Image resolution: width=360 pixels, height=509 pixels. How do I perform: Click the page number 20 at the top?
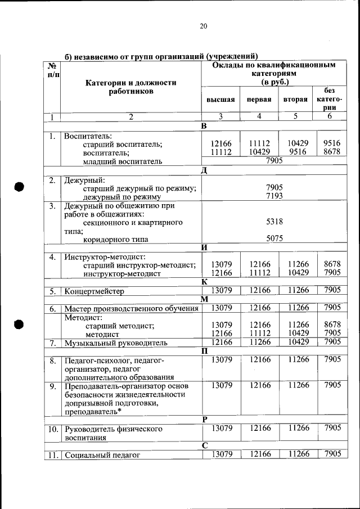(204, 26)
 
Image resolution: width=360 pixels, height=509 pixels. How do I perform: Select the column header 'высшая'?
(220, 100)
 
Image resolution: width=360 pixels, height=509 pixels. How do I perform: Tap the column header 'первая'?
(259, 100)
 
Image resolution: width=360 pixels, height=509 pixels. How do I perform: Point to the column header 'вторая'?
(295, 100)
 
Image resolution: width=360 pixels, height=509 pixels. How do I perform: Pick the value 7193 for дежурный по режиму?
(274, 196)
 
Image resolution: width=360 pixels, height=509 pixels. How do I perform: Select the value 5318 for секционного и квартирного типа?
(274, 223)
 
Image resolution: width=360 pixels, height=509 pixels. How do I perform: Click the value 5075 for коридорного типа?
(274, 238)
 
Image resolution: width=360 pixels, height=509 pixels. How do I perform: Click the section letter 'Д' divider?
(204, 171)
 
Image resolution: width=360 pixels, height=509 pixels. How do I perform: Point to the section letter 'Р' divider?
(205, 419)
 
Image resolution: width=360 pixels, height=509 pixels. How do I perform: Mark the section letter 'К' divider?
(204, 281)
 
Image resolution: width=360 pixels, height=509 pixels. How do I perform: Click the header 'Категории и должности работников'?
(130, 87)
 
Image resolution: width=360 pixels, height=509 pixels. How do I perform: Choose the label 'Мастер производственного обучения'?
(131, 308)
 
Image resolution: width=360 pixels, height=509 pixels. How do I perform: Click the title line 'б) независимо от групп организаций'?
(161, 56)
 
